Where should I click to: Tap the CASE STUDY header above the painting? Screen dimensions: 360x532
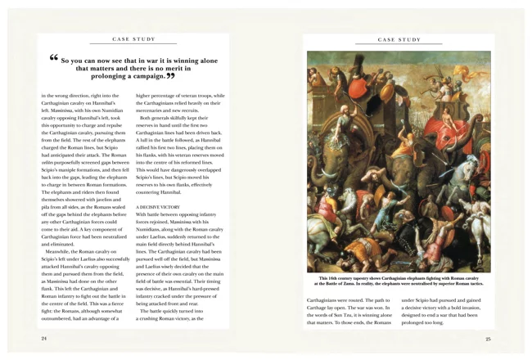pyautogui.click(x=399, y=38)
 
